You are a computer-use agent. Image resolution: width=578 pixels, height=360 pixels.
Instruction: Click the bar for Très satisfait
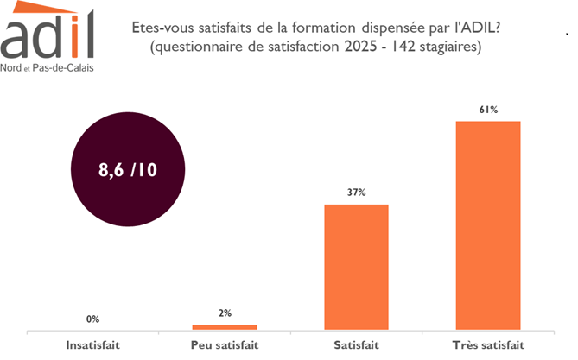point(488,224)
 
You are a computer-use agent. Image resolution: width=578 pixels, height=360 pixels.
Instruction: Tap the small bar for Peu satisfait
point(225,326)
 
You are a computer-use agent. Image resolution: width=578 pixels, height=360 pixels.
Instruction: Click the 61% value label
point(488,109)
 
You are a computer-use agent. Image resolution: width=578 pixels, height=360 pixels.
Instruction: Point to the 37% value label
point(356,193)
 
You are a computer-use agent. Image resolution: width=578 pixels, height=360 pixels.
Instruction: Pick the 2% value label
point(225,313)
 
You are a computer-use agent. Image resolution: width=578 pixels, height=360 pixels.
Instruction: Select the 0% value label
point(92,319)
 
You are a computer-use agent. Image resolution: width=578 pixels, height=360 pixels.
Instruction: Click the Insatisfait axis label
point(92,345)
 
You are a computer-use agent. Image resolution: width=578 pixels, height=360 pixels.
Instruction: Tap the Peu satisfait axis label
point(224,345)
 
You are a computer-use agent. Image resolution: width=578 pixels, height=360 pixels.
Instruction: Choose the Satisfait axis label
point(356,345)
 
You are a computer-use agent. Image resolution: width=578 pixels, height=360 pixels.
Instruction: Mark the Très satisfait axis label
point(488,345)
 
